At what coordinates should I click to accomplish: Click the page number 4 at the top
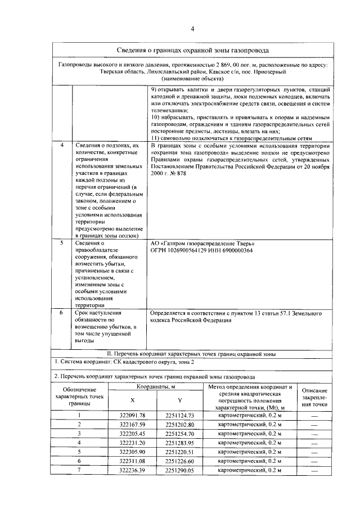[192, 29]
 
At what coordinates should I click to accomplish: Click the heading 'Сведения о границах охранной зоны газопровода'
[192, 51]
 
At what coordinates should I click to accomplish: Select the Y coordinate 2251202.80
[179, 425]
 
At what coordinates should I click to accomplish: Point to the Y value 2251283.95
[179, 443]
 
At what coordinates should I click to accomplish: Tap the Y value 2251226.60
[179, 461]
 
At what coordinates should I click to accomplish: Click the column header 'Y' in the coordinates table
[179, 400]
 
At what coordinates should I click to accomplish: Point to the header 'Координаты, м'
[156, 388]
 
